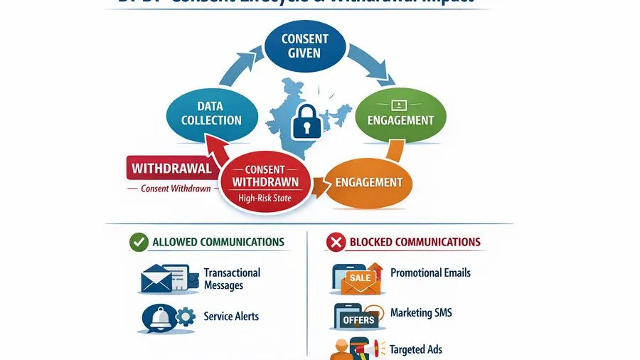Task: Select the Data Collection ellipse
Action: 211,113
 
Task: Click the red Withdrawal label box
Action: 171,169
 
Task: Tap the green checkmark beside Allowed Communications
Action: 139,242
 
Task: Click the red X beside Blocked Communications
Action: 335,243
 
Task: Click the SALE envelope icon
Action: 358,279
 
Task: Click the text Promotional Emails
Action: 430,272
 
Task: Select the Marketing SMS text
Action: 421,312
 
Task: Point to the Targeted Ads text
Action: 416,349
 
